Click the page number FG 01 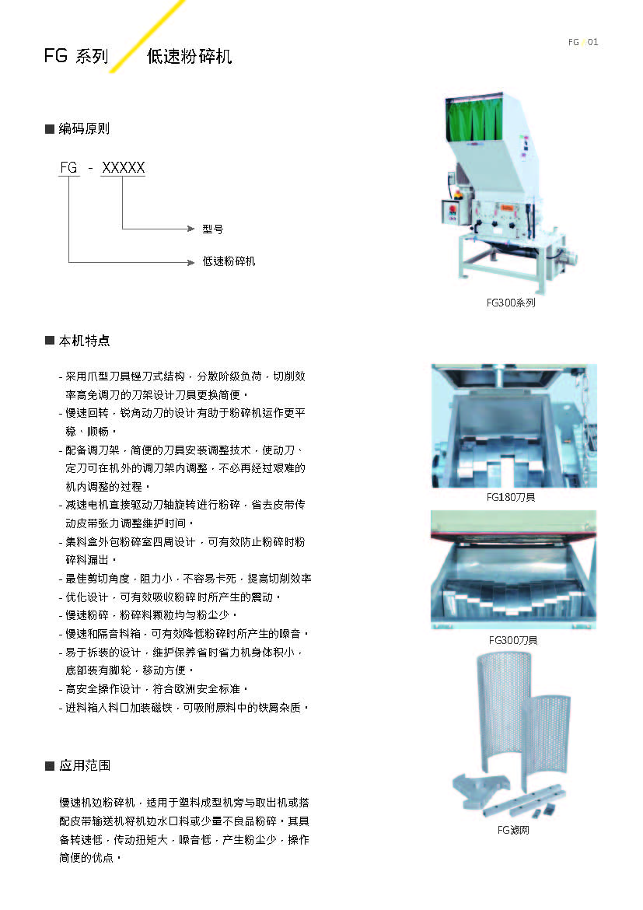point(582,42)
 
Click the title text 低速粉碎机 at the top point(189,56)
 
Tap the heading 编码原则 point(84,129)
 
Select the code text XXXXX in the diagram point(123,168)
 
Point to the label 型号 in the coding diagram point(212,229)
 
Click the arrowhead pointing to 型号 point(191,229)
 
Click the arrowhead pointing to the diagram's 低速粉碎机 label point(191,262)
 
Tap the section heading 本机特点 point(85,341)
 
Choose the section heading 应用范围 point(85,765)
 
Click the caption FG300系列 point(511,303)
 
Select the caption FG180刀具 point(511,497)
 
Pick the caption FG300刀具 point(513,640)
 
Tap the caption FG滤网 point(513,831)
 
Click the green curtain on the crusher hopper point(474,120)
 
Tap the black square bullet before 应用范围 point(50,766)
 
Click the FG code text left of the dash point(68,168)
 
